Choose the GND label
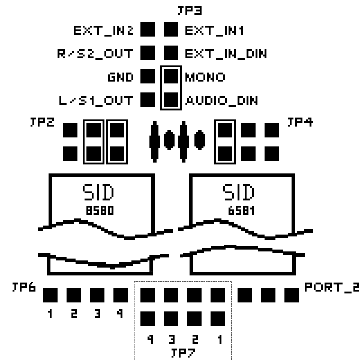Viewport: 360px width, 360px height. [x=122, y=77]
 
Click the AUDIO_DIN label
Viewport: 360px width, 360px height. [x=221, y=100]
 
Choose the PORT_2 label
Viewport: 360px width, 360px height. [x=331, y=287]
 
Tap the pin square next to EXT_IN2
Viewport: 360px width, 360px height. [x=148, y=30]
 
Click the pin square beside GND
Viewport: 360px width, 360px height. [x=148, y=77]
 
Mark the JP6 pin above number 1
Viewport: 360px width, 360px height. [x=50, y=295]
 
